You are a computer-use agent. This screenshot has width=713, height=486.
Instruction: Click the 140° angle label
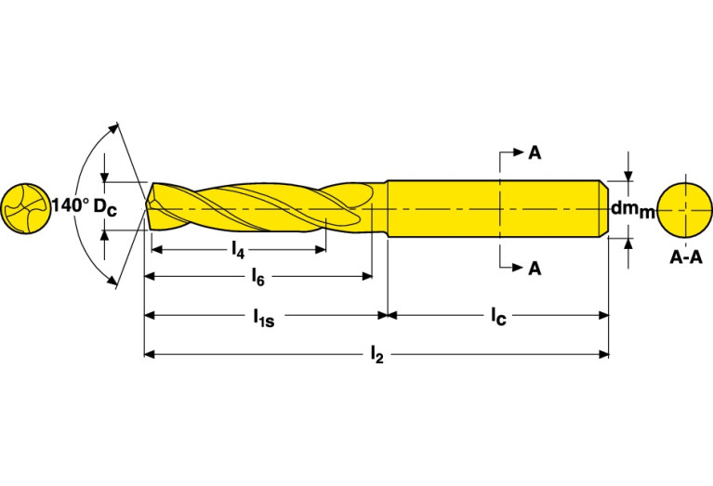point(71,205)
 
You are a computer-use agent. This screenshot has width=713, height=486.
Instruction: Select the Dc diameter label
point(105,207)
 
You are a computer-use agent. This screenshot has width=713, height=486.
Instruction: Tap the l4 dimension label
point(238,250)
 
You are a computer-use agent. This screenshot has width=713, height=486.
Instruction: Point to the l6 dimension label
point(257,276)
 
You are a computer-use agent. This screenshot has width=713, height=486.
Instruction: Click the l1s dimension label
point(264,317)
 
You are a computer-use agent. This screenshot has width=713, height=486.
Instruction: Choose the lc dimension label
point(498,316)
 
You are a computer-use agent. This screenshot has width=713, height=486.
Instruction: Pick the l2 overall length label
point(377,354)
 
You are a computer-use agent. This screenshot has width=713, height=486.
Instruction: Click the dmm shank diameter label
point(632,209)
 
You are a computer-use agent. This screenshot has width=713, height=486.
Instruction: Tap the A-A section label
point(686,257)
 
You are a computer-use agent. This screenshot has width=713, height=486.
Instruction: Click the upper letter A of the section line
point(535,153)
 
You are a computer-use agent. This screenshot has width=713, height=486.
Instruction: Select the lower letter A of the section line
point(535,269)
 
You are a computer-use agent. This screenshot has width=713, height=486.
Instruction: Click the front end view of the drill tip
point(25,209)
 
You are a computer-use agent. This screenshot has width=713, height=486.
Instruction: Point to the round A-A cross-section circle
point(684,210)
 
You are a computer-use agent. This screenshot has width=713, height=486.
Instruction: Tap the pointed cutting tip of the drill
point(146,207)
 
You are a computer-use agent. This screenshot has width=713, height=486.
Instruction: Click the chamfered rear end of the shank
point(604,209)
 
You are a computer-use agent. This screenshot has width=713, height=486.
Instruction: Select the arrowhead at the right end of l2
point(603,354)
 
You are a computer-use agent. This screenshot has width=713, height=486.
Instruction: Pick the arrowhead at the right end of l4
point(321,249)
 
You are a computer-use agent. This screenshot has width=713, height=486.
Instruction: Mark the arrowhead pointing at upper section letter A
point(519,152)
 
